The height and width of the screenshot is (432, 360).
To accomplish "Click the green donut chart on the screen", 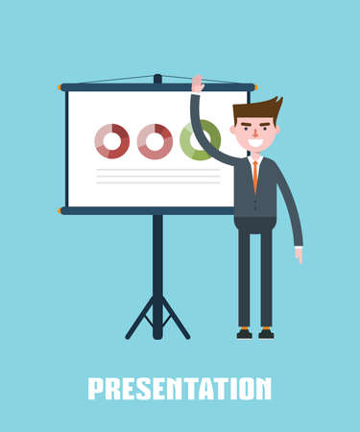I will click(x=196, y=141).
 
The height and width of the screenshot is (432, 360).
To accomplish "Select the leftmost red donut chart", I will click(x=112, y=141).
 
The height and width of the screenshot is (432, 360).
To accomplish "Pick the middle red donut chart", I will click(x=155, y=141).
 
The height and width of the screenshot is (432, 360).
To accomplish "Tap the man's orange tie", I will click(x=254, y=175).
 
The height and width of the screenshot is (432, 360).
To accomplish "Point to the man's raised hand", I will click(x=197, y=84).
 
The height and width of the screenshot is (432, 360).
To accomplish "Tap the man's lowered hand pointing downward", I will click(x=299, y=254).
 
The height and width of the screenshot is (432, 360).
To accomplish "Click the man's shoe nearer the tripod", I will click(x=245, y=333).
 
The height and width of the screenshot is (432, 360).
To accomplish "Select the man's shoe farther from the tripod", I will click(x=266, y=333).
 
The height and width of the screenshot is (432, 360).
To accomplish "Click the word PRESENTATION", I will click(x=180, y=388).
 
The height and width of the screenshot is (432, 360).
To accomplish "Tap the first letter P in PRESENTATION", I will click(x=95, y=388).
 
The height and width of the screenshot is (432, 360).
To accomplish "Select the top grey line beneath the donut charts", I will click(x=157, y=170).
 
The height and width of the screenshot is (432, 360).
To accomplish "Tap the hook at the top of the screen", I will click(x=157, y=77).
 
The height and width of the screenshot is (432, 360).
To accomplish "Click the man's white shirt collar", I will click(x=254, y=158).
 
